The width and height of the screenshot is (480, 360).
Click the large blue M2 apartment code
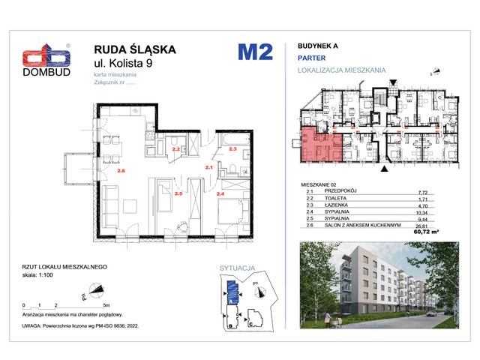[256, 52]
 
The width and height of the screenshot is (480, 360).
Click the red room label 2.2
[176, 150]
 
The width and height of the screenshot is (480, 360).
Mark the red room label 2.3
[232, 150]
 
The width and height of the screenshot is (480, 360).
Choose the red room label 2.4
[220, 193]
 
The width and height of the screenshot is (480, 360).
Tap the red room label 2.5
[178, 193]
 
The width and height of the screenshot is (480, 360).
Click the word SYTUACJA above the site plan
[238, 266]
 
